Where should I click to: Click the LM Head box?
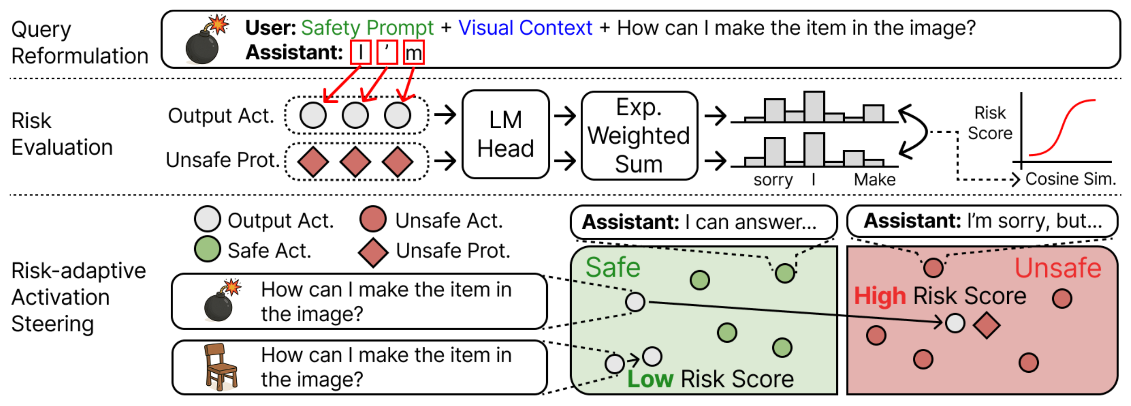(505, 135)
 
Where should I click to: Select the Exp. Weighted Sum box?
(639, 135)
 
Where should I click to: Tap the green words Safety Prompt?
(367, 28)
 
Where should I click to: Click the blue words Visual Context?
(525, 28)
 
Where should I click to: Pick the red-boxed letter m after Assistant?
(414, 53)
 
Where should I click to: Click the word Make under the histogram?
(874, 179)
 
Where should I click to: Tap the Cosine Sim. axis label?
(1070, 179)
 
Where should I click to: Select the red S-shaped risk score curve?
(1063, 128)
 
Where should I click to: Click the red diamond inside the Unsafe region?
(986, 325)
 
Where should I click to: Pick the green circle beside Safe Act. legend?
(207, 249)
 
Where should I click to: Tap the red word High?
(879, 296)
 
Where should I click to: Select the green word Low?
(650, 379)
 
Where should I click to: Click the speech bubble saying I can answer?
(703, 222)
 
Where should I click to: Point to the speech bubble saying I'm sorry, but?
(982, 221)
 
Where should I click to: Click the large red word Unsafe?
(1057, 268)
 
